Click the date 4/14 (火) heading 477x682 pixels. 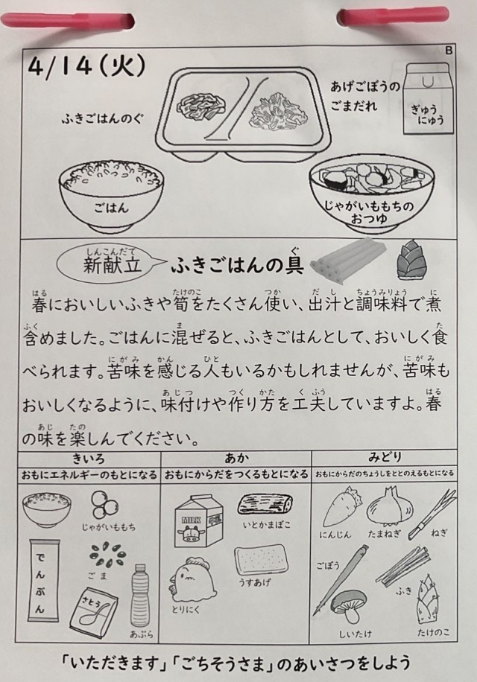tap(86, 67)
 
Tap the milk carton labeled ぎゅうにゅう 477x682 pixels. tap(427, 98)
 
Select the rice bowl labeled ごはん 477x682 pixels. tap(111, 194)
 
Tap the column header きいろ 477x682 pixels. tap(89, 459)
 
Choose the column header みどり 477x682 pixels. tap(385, 458)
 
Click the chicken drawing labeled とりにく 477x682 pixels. tap(192, 579)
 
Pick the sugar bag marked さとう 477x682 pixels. tap(100, 611)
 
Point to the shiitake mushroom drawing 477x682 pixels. tap(348, 608)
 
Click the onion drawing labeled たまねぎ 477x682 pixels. tap(390, 506)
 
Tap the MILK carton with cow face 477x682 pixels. tap(199, 520)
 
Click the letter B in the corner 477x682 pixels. tap(449, 51)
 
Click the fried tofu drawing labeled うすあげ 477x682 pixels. tap(261, 564)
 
